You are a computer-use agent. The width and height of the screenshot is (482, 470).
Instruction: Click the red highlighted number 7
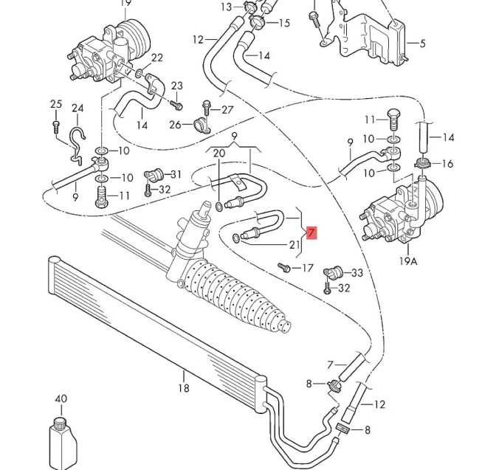311,234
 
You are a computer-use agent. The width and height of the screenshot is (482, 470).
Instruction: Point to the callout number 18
184,388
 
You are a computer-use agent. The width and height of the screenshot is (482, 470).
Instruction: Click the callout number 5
422,44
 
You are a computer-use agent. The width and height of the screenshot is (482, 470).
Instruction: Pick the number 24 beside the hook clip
78,109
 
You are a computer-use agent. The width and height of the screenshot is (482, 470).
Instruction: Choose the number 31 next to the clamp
175,174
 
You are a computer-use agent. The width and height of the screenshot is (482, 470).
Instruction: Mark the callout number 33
357,273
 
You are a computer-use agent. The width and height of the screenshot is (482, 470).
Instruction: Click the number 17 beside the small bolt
308,267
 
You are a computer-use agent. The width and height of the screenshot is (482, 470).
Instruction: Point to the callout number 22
157,58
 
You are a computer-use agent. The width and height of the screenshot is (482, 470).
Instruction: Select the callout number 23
176,86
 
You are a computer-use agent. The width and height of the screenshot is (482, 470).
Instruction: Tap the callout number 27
227,110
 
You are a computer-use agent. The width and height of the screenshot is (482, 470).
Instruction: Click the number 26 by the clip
175,124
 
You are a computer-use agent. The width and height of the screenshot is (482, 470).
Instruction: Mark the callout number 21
294,244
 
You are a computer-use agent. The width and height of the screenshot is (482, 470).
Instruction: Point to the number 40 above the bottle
61,399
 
